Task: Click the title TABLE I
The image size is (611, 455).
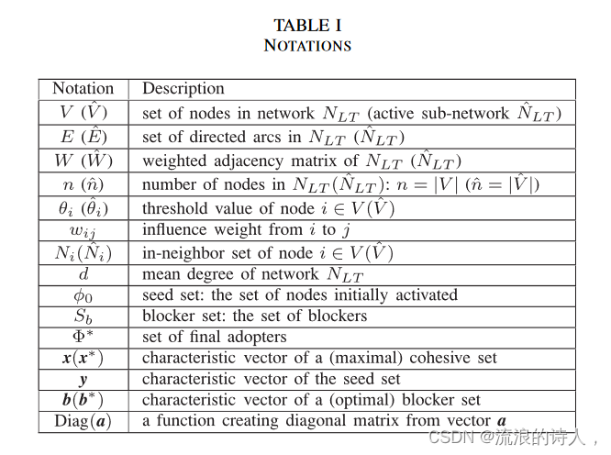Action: [307, 26]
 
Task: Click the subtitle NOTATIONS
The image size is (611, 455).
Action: [307, 45]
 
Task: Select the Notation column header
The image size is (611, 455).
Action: [83, 89]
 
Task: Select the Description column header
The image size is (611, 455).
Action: [183, 89]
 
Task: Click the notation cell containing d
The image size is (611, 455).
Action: [83, 273]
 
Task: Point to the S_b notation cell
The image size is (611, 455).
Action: [83, 316]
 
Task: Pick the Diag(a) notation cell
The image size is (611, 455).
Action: [83, 421]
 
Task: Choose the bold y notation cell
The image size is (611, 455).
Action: [83, 379]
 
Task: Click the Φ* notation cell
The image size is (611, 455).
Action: [83, 337]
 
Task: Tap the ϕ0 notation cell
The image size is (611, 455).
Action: [83, 295]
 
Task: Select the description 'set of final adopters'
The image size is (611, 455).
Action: [214, 337]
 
